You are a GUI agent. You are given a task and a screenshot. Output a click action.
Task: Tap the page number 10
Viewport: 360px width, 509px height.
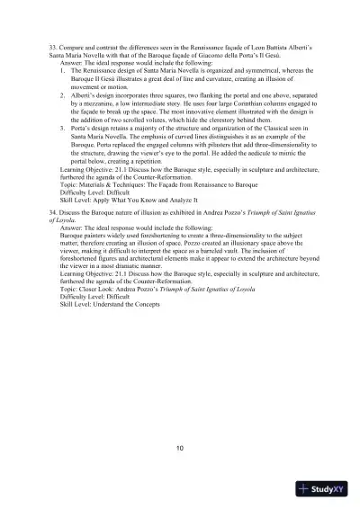pyautogui.click(x=180, y=448)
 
